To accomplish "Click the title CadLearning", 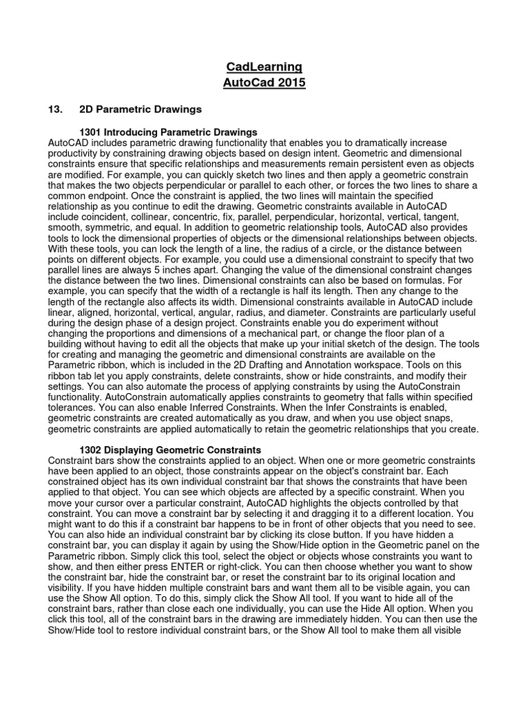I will point(264,67).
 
